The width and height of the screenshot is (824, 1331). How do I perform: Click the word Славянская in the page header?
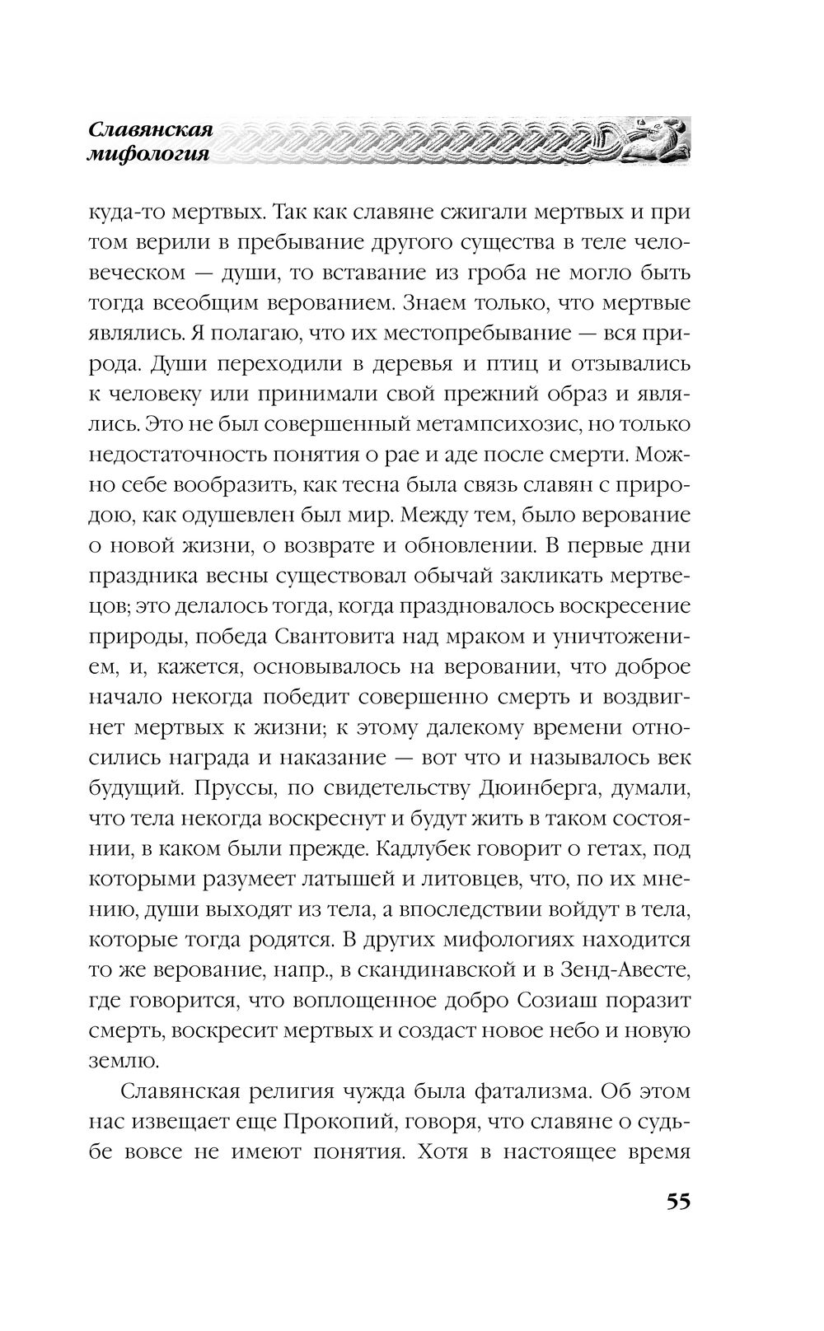click(151, 130)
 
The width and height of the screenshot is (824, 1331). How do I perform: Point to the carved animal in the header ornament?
click(655, 138)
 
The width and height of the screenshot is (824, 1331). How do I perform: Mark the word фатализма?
click(531, 1091)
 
